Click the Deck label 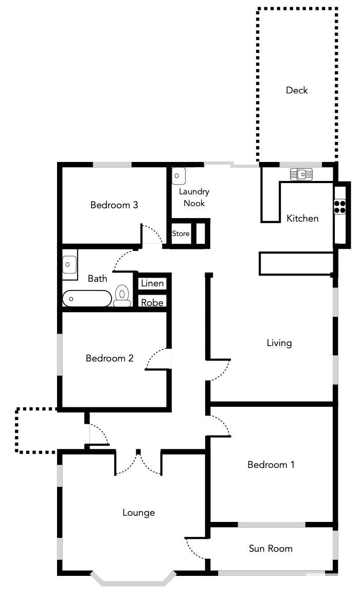297,90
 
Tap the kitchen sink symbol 301,174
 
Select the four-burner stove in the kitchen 340,206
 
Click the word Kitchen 302,218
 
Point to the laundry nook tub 178,176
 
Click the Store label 181,233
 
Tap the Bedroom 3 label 114,205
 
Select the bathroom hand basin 69,265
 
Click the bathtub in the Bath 87,298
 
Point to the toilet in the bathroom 122,296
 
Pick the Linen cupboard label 152,283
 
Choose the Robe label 152,302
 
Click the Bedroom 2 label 110,358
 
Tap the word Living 279,343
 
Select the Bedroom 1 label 271,464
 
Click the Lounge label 139,513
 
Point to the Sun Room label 271,548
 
